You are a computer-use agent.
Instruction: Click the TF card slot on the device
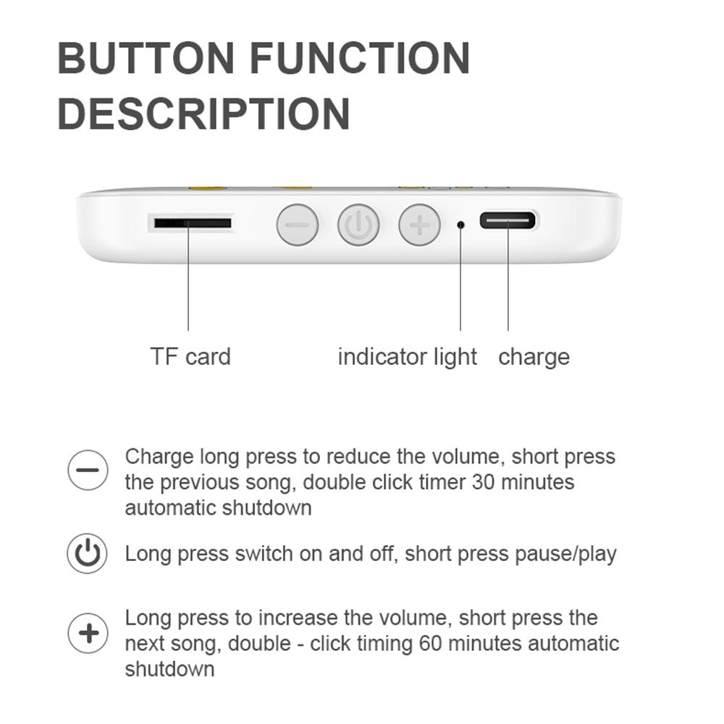(x=192, y=222)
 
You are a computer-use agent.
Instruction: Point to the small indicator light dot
(x=461, y=224)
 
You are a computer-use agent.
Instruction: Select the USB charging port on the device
(x=508, y=219)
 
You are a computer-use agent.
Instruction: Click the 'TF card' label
(x=190, y=356)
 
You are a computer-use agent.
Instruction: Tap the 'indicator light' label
(x=408, y=356)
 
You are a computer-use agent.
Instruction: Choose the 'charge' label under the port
(x=534, y=356)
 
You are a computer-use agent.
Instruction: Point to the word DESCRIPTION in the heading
(x=203, y=114)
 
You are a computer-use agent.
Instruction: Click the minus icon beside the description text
(x=88, y=469)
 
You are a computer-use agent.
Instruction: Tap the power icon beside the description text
(x=88, y=555)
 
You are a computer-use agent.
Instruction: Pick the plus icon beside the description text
(x=88, y=634)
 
